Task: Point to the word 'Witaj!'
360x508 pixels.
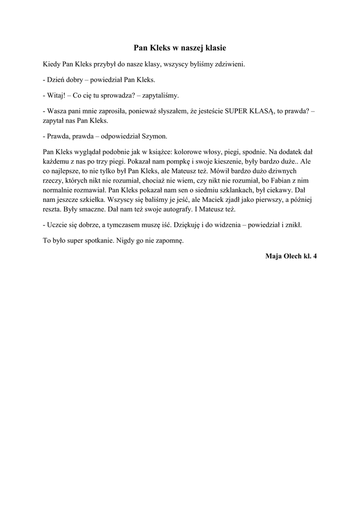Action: tap(55, 95)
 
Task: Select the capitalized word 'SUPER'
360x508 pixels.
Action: tap(239, 111)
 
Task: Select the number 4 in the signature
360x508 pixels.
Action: tap(314, 256)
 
